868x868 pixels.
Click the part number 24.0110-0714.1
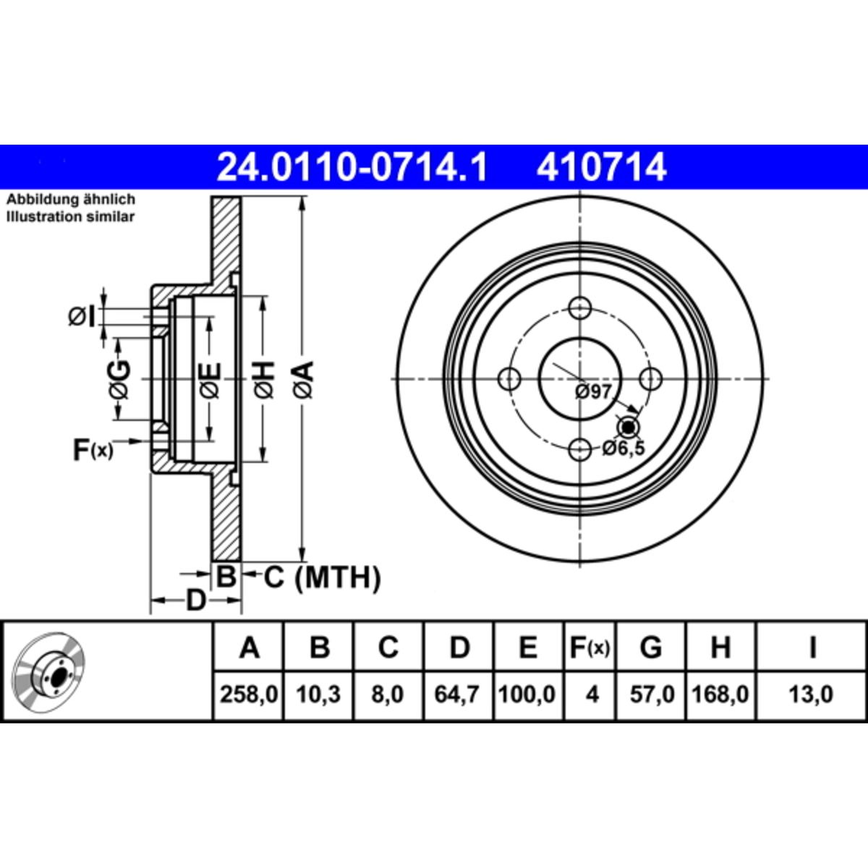(353, 168)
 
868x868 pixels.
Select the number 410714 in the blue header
(600, 168)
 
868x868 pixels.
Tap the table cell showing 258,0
(249, 695)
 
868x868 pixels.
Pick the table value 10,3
(318, 695)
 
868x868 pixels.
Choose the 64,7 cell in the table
(459, 695)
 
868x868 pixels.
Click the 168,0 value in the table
(720, 695)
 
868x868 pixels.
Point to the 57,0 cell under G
(651, 695)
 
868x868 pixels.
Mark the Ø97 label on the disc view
(593, 392)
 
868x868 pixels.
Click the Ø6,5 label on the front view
(623, 449)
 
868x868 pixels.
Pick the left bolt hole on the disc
(511, 378)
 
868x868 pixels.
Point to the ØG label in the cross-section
(119, 378)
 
